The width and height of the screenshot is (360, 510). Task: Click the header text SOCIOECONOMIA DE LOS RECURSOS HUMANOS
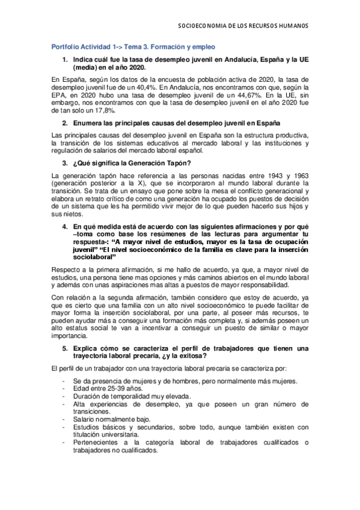point(245,26)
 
